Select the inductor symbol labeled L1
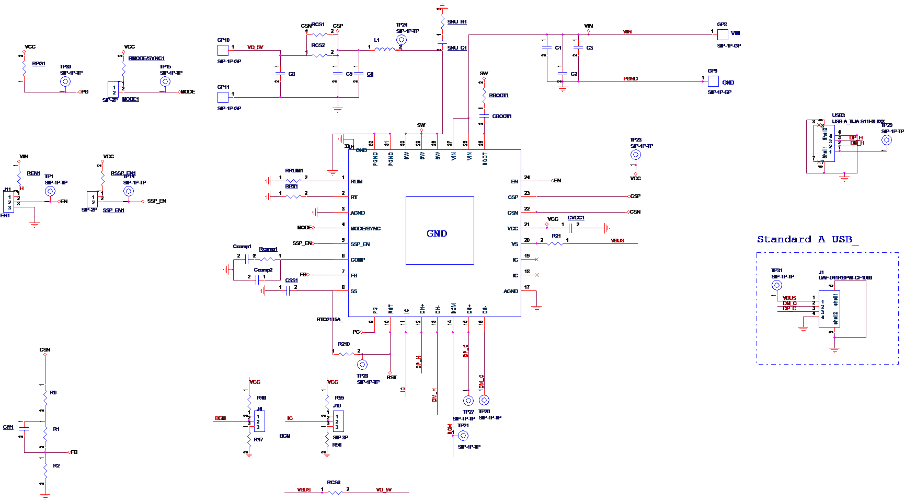385,50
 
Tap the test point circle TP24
401,40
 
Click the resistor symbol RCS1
319,34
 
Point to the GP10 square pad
223,50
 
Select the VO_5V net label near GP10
255,48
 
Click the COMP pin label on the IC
358,260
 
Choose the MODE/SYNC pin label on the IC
365,228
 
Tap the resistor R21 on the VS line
555,243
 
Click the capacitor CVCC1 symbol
571,228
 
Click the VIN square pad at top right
723,34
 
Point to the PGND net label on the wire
631,79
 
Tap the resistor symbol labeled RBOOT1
484,96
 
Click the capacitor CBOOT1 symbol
484,116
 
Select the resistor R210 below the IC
346,354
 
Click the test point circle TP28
362,365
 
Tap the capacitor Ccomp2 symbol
258,280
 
